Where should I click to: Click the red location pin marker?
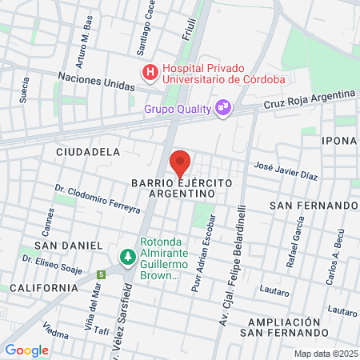(180, 163)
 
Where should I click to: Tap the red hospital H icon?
(150, 73)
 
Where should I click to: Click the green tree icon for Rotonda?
(126, 257)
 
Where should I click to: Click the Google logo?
(26, 350)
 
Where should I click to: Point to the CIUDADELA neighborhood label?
(88, 151)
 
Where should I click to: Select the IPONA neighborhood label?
(339, 141)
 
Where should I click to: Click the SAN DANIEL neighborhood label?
(68, 245)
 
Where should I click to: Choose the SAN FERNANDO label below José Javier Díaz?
(313, 206)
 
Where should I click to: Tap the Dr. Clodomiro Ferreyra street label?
(98, 199)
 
